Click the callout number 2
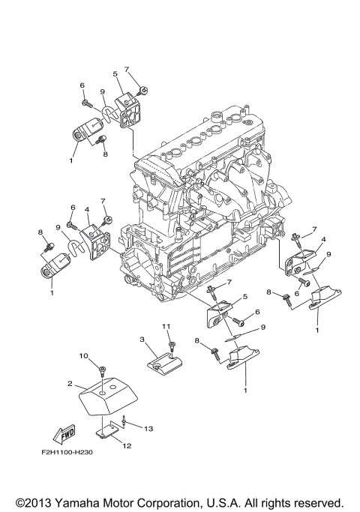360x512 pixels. click(x=70, y=383)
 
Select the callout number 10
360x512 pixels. click(x=84, y=355)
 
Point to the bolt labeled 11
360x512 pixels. click(x=172, y=346)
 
